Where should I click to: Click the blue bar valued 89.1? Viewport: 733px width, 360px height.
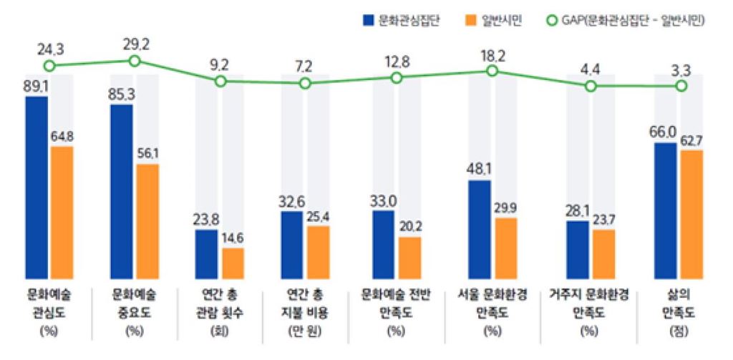coord(37,188)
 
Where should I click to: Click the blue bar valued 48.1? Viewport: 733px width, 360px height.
coord(480,230)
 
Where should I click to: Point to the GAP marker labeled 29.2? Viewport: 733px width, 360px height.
coord(134,61)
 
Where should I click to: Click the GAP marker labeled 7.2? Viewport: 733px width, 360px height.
coord(305,83)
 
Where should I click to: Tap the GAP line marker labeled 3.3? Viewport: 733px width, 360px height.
coord(681,86)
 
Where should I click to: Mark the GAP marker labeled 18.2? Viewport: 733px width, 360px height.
coord(492,71)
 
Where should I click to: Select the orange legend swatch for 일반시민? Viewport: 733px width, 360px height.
coord(472,21)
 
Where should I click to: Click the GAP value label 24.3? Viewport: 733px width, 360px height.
coord(49,49)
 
